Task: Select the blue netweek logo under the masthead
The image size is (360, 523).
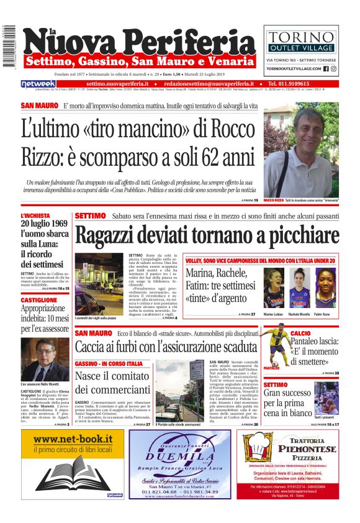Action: pyautogui.click(x=38, y=84)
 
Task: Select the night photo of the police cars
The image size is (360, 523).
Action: pyautogui.click(x=99, y=284)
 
